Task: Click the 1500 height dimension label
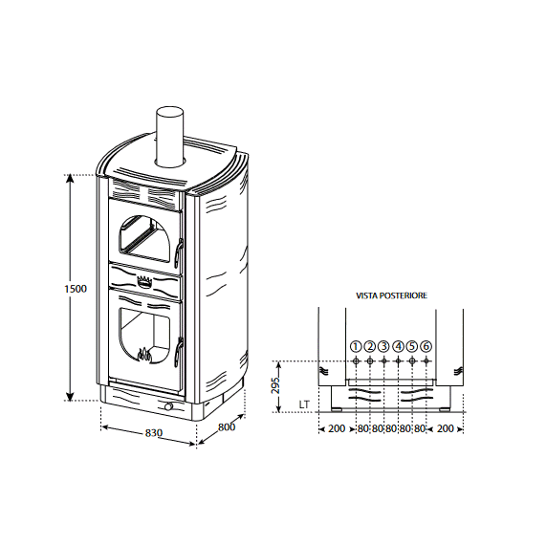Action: point(76,289)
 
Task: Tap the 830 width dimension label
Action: point(154,433)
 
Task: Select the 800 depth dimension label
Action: point(227,426)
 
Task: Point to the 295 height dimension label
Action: point(275,384)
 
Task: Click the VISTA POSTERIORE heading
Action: point(391,295)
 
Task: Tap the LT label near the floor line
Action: point(304,404)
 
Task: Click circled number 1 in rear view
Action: point(356,346)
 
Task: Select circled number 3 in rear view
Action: point(383,346)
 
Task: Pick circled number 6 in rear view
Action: point(426,346)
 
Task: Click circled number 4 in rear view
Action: point(398,346)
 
